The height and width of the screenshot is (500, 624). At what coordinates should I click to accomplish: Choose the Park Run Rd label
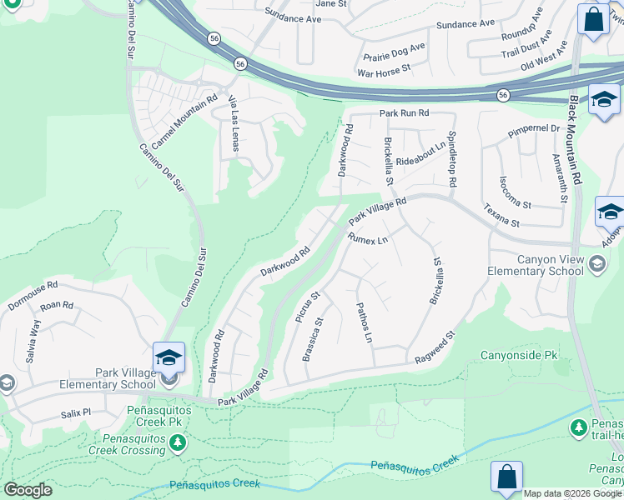[404, 112]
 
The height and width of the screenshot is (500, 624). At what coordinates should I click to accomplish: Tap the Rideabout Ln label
[421, 159]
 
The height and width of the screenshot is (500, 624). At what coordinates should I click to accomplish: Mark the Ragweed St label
[435, 349]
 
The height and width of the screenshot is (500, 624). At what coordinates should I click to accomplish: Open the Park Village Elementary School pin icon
[169, 357]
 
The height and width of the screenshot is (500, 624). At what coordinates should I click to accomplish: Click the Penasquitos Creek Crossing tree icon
[177, 442]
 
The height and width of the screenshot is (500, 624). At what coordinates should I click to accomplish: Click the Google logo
[28, 490]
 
